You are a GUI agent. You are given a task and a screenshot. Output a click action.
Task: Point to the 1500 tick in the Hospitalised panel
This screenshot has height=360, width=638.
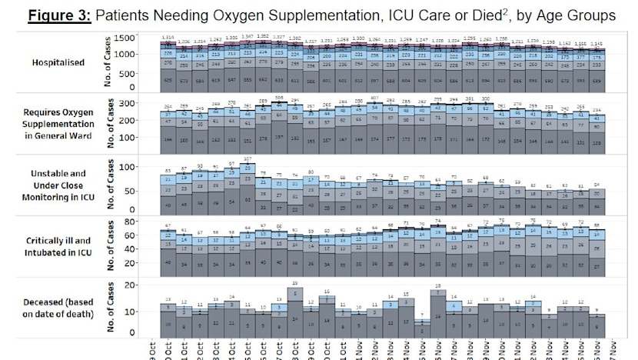tap(124, 37)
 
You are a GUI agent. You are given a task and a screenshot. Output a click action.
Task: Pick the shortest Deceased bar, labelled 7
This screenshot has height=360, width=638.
tap(422, 326)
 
